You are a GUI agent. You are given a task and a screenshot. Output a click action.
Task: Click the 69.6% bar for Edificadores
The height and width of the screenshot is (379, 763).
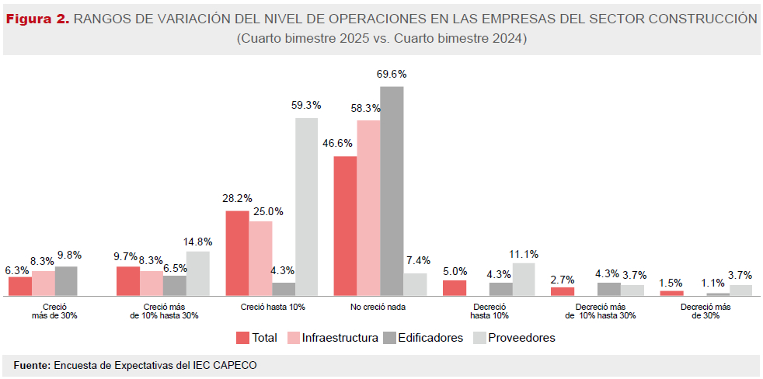[x=392, y=190]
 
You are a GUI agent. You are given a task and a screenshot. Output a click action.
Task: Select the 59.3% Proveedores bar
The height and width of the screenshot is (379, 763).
[x=306, y=206]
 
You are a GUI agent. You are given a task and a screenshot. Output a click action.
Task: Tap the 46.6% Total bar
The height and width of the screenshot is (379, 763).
[x=345, y=225]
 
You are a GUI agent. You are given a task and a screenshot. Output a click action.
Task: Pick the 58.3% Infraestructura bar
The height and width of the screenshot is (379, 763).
[x=368, y=207]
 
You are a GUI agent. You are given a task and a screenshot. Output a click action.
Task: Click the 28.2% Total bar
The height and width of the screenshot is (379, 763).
[x=237, y=252]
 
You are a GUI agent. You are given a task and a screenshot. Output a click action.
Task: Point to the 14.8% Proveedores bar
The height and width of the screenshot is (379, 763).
[x=197, y=273]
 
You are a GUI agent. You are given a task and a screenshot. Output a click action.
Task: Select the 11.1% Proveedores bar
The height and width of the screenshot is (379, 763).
[x=524, y=279]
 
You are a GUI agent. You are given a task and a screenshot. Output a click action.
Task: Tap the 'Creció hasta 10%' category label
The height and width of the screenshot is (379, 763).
[x=273, y=307]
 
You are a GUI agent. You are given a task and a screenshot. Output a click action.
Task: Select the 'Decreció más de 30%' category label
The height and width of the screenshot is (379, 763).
[x=706, y=311]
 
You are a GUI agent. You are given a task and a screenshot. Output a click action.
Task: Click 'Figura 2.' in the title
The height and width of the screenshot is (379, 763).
[x=37, y=19]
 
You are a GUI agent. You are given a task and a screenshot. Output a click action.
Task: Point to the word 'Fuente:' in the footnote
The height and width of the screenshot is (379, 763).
[x=32, y=364]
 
